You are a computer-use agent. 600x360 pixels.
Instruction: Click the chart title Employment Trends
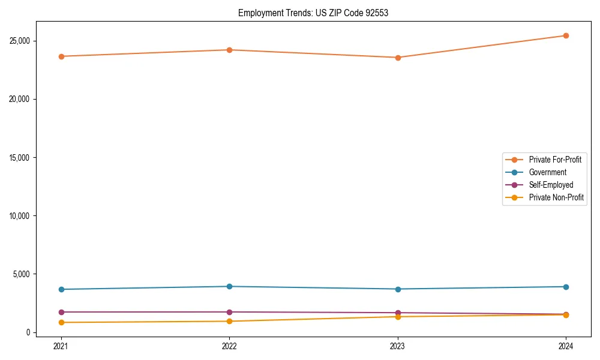(x=313, y=13)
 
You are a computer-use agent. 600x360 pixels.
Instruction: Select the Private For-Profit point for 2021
(x=61, y=56)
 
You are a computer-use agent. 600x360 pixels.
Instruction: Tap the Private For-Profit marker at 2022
(x=229, y=50)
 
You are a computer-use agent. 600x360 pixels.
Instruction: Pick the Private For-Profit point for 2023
(x=398, y=58)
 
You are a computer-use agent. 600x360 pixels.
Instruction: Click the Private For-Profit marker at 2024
(x=566, y=35)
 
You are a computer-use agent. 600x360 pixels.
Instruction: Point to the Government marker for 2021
(x=61, y=289)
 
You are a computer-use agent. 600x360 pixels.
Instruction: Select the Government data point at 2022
(x=229, y=286)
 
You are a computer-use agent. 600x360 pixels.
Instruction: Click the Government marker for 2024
(x=566, y=287)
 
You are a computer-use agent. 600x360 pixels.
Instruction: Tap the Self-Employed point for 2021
(x=61, y=312)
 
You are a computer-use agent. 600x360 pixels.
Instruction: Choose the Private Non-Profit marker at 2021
(x=61, y=322)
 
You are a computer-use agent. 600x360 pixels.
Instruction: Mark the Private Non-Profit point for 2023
(x=398, y=317)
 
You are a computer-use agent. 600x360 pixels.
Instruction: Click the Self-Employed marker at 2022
(x=229, y=312)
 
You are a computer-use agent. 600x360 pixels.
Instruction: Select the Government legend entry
(x=547, y=172)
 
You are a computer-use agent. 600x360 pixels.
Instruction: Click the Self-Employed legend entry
(x=551, y=185)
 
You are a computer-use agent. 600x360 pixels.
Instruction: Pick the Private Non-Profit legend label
(x=556, y=197)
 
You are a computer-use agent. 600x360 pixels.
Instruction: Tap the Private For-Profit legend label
(x=555, y=160)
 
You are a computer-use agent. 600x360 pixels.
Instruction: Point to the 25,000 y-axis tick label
(x=21, y=41)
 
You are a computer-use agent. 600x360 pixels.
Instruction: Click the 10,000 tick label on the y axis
(x=21, y=216)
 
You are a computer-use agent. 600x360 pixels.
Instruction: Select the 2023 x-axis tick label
(x=398, y=346)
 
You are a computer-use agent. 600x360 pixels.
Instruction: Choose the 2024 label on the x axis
(x=566, y=346)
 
